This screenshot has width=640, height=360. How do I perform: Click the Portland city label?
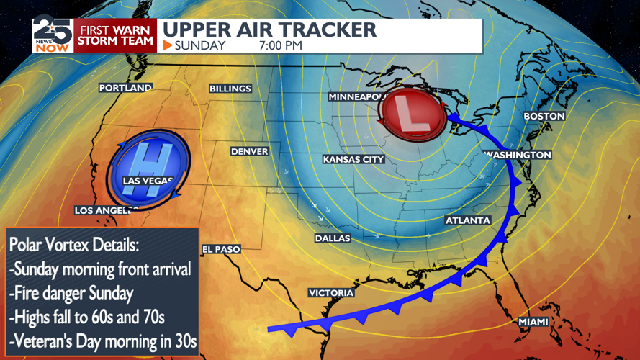125,88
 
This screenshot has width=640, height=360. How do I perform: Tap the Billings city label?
230,89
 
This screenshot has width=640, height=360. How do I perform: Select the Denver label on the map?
250,152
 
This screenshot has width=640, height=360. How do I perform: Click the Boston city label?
544,116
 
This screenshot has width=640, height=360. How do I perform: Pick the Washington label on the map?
518,155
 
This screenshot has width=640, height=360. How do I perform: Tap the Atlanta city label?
468,220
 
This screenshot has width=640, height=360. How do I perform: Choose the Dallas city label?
333,238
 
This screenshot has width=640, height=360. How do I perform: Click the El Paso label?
221,249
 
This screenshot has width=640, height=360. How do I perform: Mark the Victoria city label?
331,293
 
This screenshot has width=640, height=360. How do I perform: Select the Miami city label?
533,322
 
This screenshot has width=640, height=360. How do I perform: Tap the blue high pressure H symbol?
148,170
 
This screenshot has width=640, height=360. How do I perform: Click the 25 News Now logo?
52,35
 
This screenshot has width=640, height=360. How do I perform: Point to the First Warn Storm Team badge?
117,35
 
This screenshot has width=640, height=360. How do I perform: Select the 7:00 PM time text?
280,45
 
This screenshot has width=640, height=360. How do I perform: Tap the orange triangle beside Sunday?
167,45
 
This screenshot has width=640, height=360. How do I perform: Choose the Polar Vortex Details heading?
74,245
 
